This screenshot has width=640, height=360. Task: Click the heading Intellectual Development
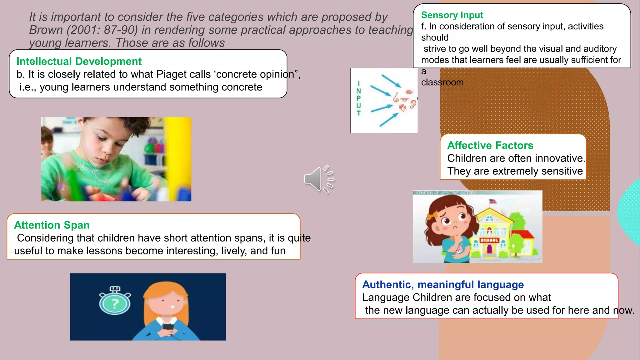(x=79, y=61)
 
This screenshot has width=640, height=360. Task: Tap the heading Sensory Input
(x=452, y=15)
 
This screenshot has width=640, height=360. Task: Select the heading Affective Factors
(x=490, y=145)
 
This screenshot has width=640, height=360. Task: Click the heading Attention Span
(x=52, y=225)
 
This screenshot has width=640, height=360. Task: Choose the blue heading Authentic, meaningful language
(x=443, y=284)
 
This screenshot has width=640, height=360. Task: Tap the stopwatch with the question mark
(x=115, y=301)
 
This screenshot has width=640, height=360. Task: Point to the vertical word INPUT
(x=359, y=98)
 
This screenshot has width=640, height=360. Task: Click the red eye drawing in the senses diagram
(x=409, y=92)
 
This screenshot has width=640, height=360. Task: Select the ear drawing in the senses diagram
(x=413, y=104)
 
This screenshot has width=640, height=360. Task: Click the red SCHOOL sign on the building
(x=489, y=240)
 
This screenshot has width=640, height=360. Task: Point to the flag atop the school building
(x=493, y=201)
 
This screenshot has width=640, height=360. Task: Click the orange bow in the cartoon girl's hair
(x=432, y=216)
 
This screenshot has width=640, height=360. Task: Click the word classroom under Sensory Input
(x=442, y=82)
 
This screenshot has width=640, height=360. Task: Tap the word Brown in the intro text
(x=46, y=30)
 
